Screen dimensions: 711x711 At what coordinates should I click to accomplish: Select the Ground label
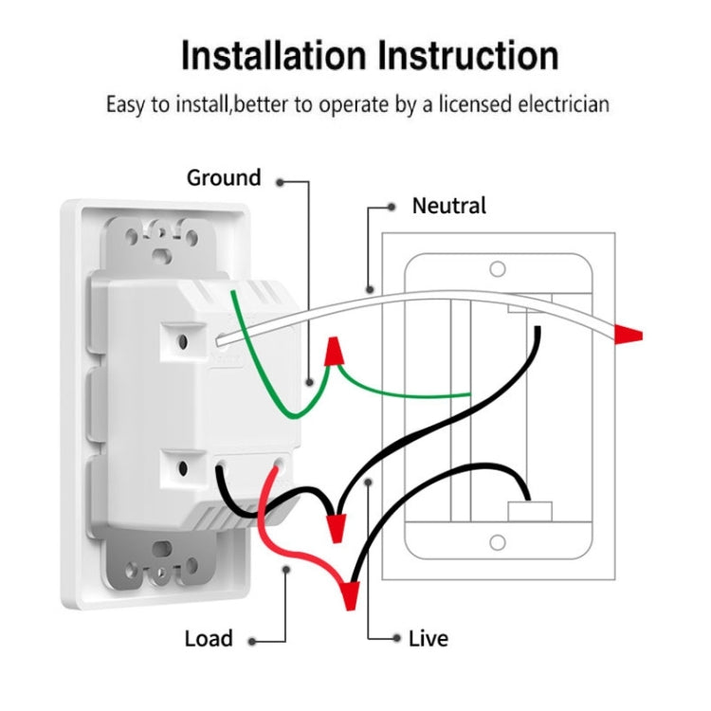pyautogui.click(x=223, y=178)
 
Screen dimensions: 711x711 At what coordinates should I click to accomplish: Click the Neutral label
pyautogui.click(x=448, y=206)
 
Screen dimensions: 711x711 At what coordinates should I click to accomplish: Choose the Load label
pyautogui.click(x=208, y=639)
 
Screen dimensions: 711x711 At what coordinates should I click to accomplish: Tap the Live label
pyautogui.click(x=428, y=639)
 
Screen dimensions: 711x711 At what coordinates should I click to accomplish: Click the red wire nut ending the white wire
pyautogui.click(x=629, y=334)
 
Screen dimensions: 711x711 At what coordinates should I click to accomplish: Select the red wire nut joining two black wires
pyautogui.click(x=335, y=525)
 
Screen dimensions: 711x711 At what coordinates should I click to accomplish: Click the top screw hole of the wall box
pyautogui.click(x=498, y=269)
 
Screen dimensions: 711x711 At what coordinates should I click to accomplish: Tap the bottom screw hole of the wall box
pyautogui.click(x=498, y=542)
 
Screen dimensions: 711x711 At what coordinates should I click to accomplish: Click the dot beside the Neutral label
pyautogui.click(x=392, y=206)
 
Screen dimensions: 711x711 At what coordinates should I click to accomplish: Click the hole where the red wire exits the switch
pyautogui.click(x=280, y=466)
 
